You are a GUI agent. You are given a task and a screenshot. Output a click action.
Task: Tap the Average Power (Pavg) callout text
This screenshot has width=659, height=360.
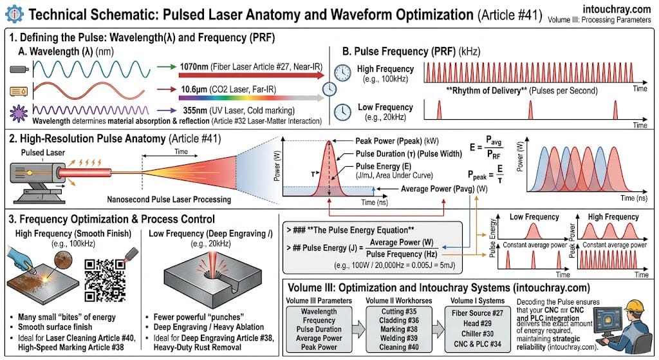(444, 189)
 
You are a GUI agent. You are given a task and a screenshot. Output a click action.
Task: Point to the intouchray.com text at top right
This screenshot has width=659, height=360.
(619, 10)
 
